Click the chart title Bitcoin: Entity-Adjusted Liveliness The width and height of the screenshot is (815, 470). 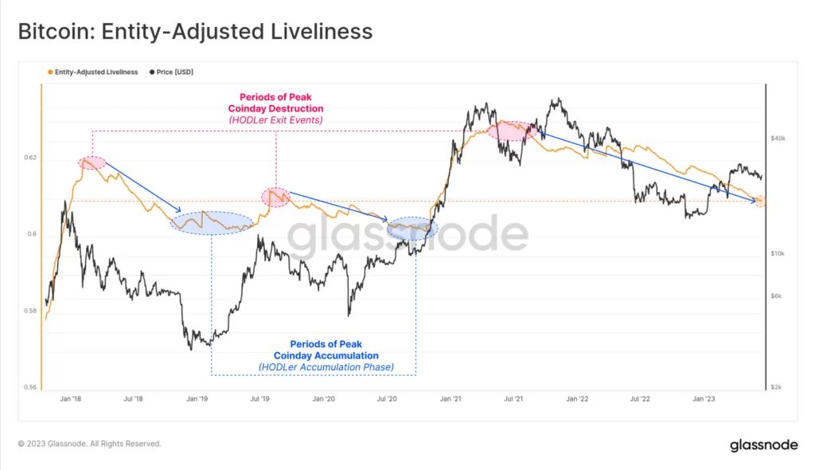[195, 31]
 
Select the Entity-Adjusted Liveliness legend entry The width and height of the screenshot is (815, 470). [96, 72]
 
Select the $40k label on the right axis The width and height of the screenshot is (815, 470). [778, 138]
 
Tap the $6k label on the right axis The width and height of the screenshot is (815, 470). [776, 296]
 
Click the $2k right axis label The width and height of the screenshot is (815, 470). [776, 387]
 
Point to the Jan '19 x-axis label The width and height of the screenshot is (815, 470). [197, 398]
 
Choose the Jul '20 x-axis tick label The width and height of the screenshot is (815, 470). [387, 398]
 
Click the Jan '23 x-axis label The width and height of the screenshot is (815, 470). [704, 398]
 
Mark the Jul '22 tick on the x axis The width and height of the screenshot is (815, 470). [640, 398]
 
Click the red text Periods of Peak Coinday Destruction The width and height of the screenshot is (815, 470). [275, 103]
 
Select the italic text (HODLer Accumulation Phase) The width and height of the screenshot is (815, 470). [326, 367]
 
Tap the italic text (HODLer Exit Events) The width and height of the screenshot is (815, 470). [275, 119]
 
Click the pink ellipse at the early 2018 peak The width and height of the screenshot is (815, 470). [92, 163]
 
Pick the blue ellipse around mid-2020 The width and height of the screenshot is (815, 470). [411, 229]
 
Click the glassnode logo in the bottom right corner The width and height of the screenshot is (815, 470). [764, 445]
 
